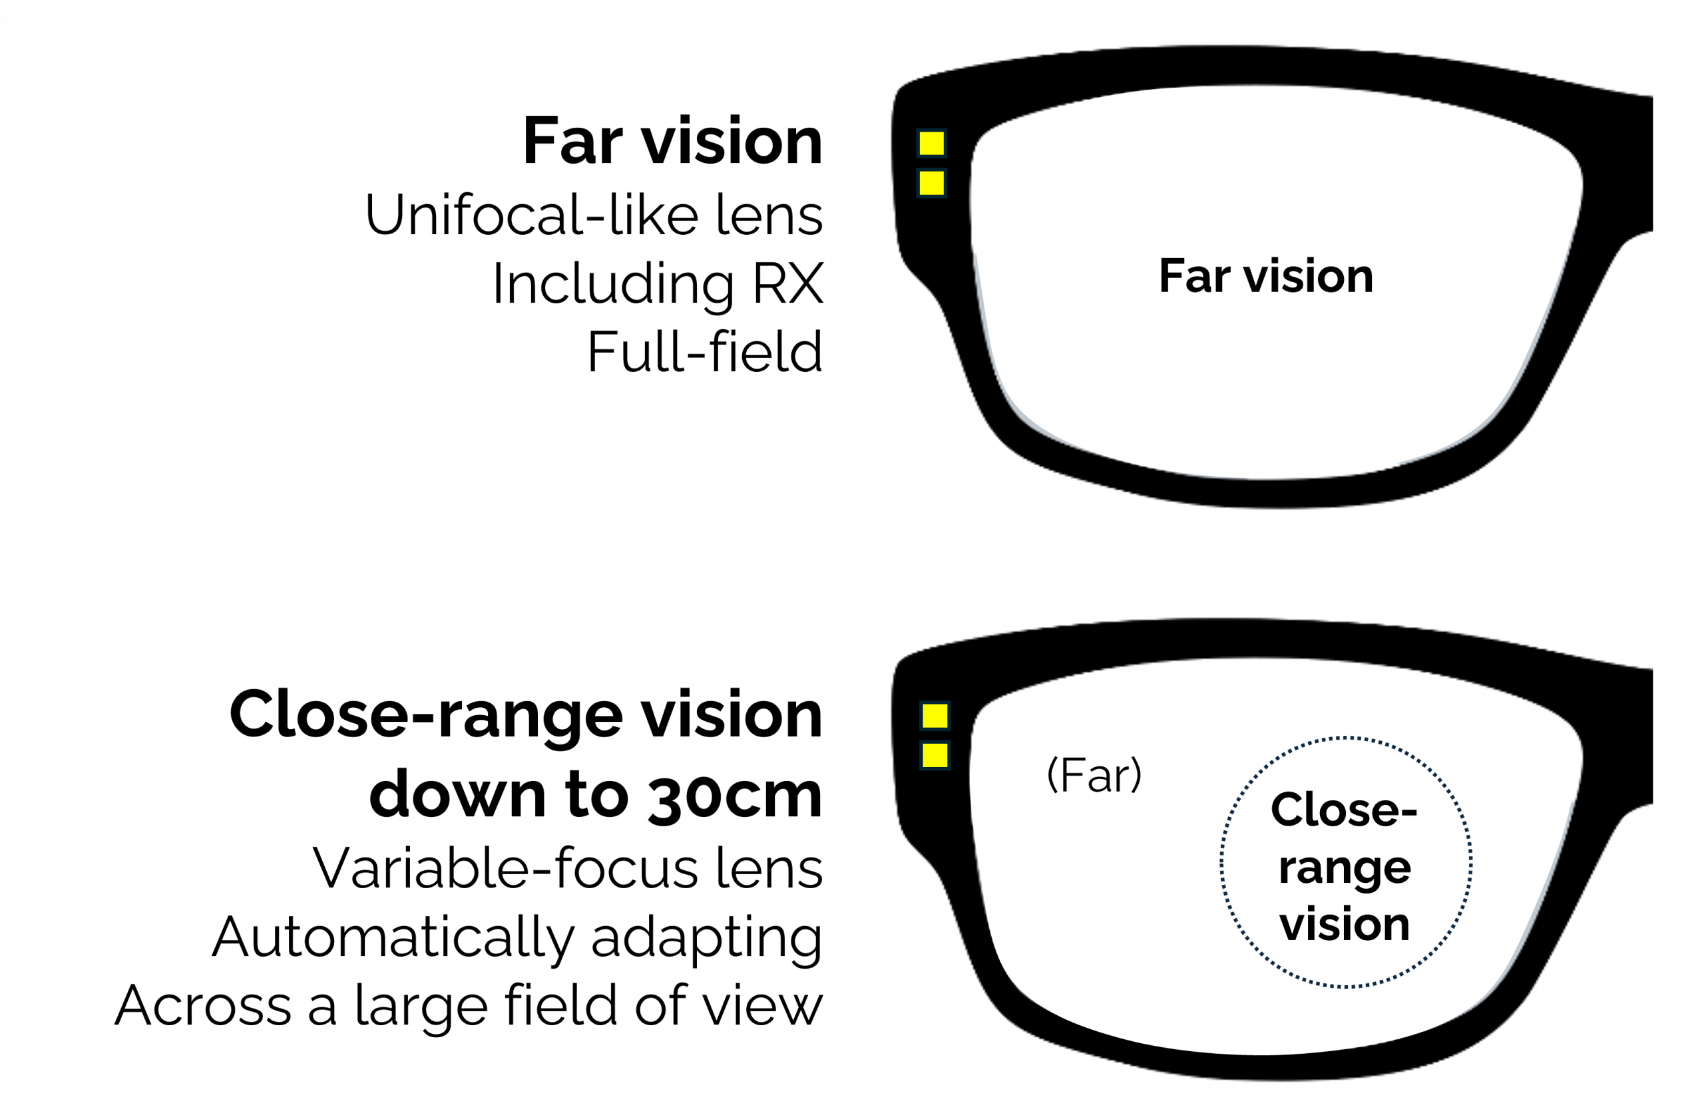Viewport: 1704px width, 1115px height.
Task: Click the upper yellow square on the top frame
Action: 931,143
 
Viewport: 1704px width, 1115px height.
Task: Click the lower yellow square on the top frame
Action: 931,183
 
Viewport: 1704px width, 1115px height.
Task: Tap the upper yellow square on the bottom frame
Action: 935,715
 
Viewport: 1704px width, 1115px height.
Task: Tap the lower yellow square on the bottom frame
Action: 935,755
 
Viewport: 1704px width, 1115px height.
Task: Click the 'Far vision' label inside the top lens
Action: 1266,276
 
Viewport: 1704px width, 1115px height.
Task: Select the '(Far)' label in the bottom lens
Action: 1094,774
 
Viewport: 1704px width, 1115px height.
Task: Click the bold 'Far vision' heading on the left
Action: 672,141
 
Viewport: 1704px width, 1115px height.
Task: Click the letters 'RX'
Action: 787,283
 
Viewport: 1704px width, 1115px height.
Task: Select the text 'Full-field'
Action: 704,352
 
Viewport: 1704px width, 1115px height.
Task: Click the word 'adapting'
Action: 707,938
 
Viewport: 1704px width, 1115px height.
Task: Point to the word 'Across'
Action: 202,1005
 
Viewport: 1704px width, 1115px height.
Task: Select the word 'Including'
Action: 613,283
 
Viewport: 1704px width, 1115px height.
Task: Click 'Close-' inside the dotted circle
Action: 1344,810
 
